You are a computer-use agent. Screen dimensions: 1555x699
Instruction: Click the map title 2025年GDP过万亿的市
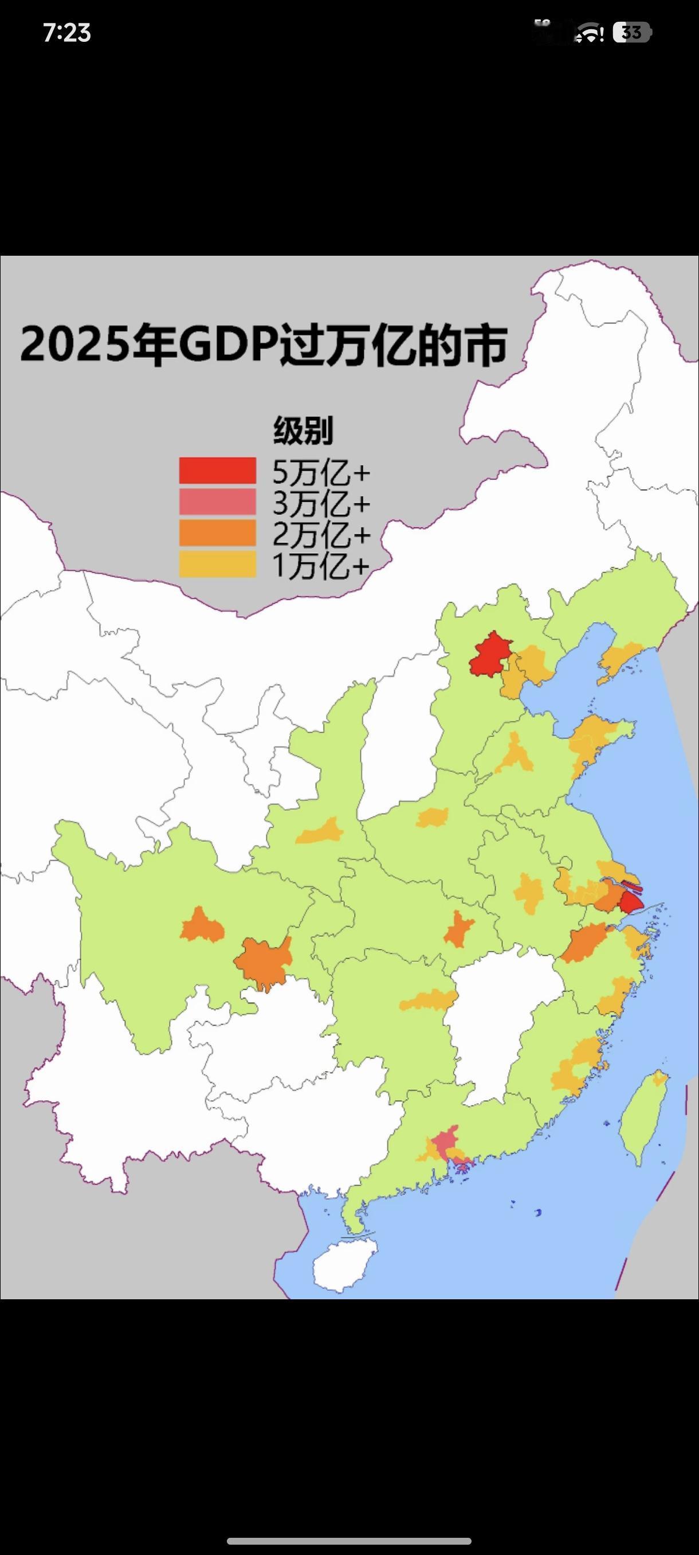pos(264,346)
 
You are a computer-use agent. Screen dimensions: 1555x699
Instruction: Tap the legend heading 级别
pos(303,431)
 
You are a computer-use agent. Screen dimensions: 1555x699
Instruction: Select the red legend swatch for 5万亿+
pos(217,471)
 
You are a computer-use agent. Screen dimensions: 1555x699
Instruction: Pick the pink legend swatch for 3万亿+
pos(217,502)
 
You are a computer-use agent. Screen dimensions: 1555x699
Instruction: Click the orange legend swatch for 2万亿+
pos(217,534)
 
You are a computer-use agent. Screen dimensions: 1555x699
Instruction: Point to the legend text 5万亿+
pos(321,472)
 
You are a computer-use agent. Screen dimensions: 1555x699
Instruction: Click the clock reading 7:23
pos(67,33)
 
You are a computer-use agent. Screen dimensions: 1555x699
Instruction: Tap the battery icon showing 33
pos(632,32)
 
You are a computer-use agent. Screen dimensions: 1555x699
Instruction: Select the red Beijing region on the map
pos(490,654)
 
